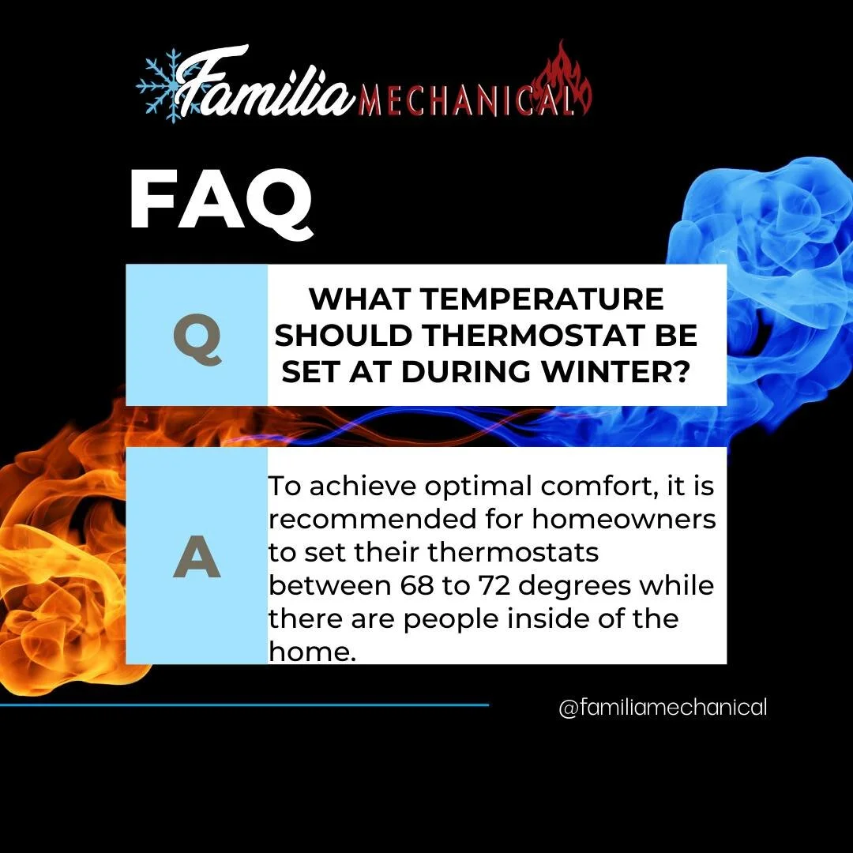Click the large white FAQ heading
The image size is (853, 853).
pos(220,201)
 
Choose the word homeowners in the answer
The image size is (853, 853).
pos(623,520)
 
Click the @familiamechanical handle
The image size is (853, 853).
pos(663,708)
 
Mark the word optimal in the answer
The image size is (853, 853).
pos(472,487)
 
